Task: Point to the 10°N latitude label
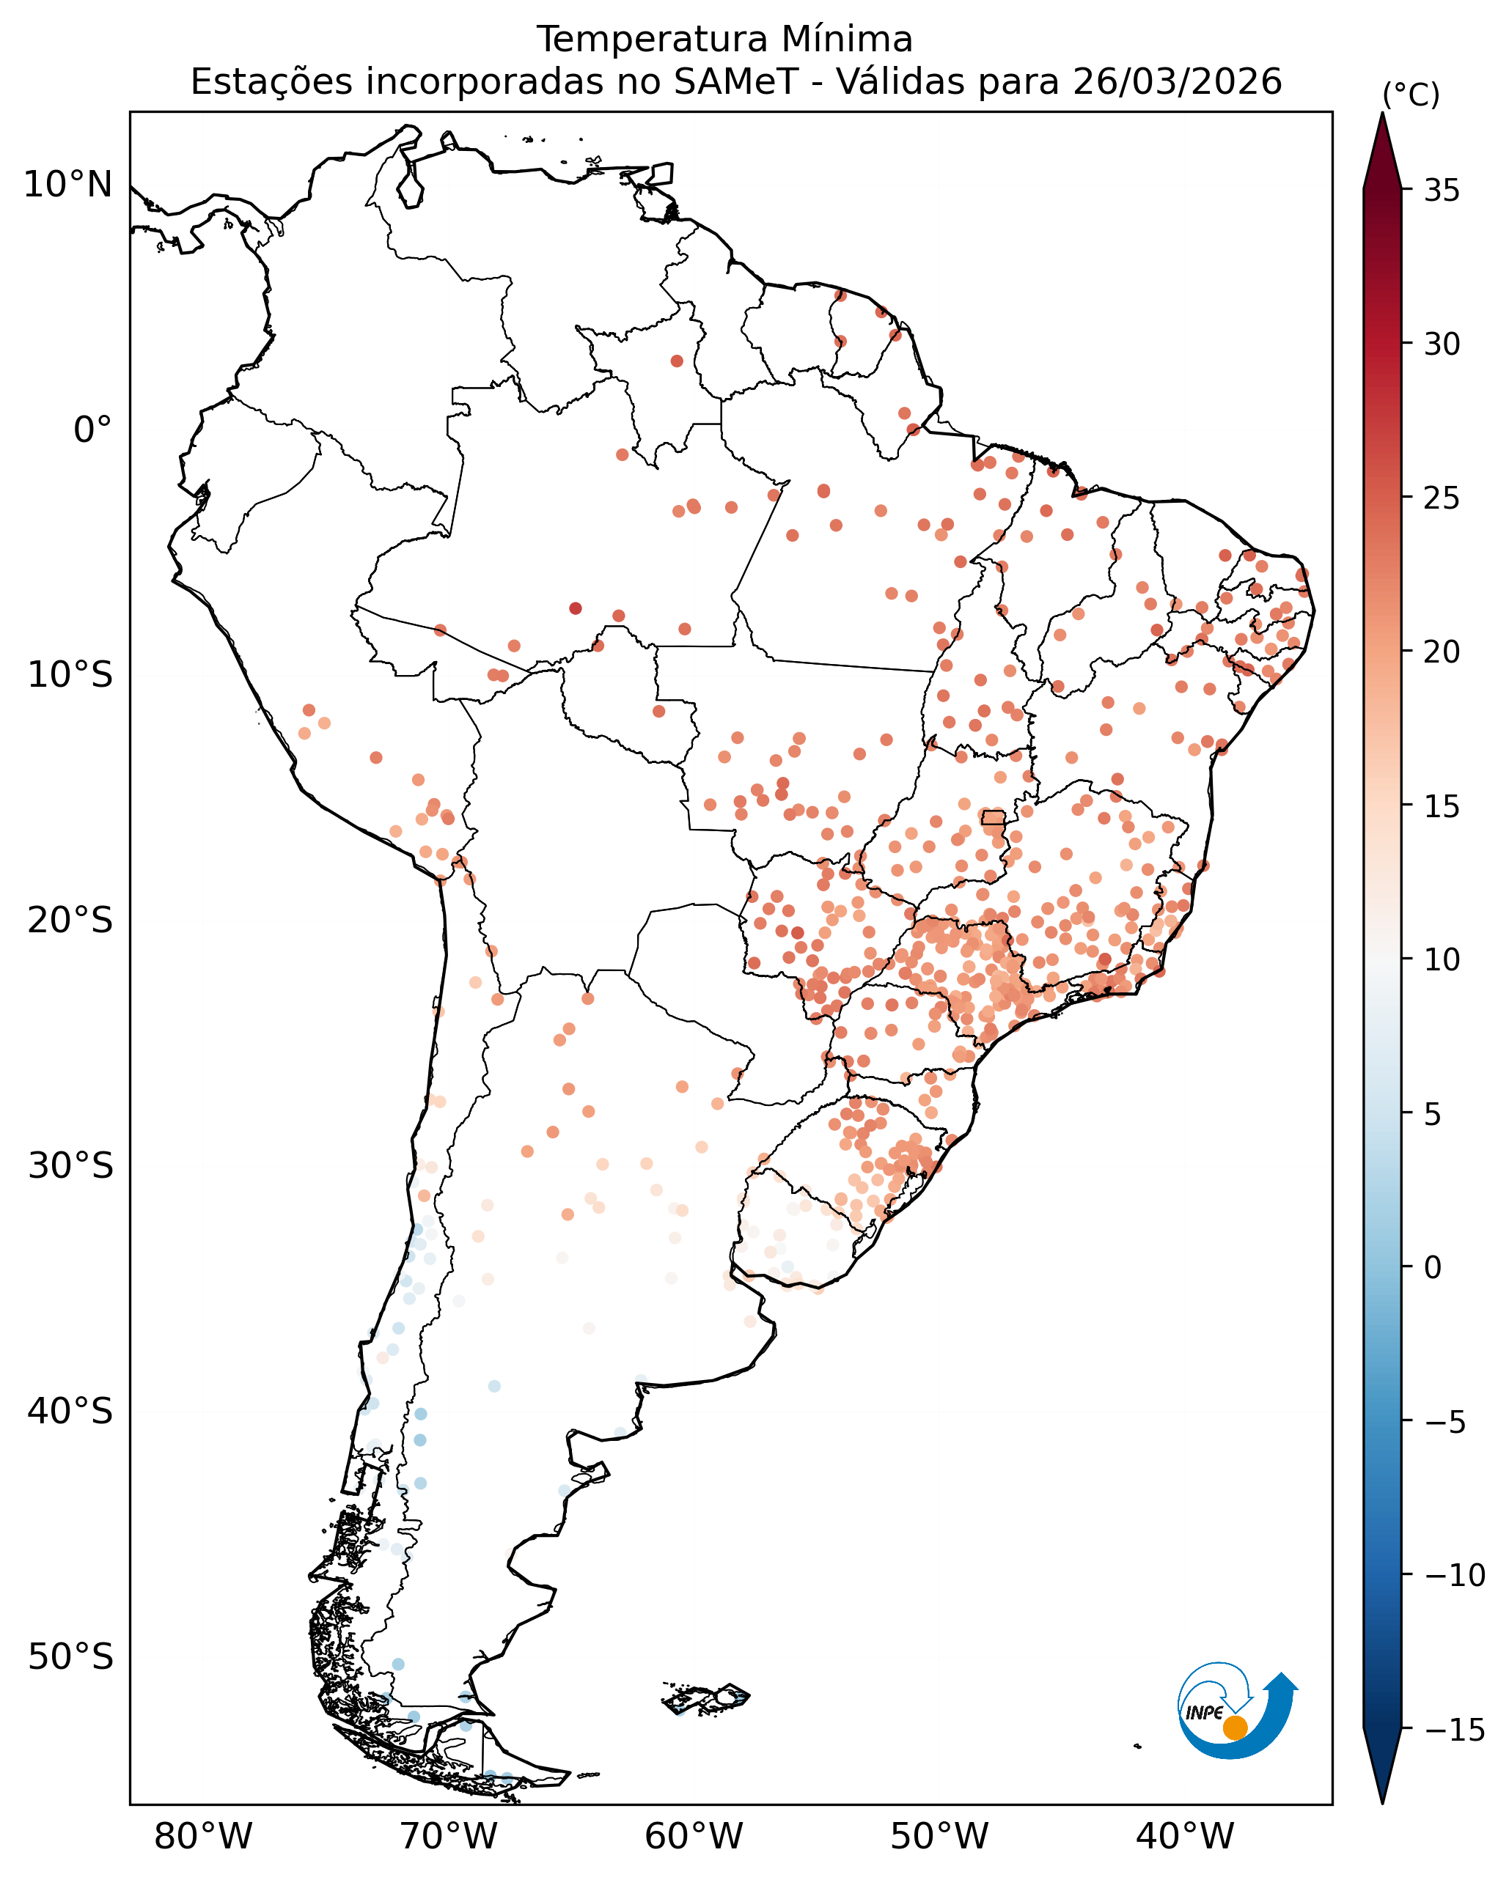pos(68,185)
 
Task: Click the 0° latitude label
pos(92,430)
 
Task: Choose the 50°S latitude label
pos(70,1656)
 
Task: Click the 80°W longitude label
pos(203,1837)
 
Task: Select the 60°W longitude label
pos(694,1837)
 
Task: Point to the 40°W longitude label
pos(1185,1837)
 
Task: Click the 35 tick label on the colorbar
pos(1442,191)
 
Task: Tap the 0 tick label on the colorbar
pos(1432,1268)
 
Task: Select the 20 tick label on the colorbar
pos(1442,652)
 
